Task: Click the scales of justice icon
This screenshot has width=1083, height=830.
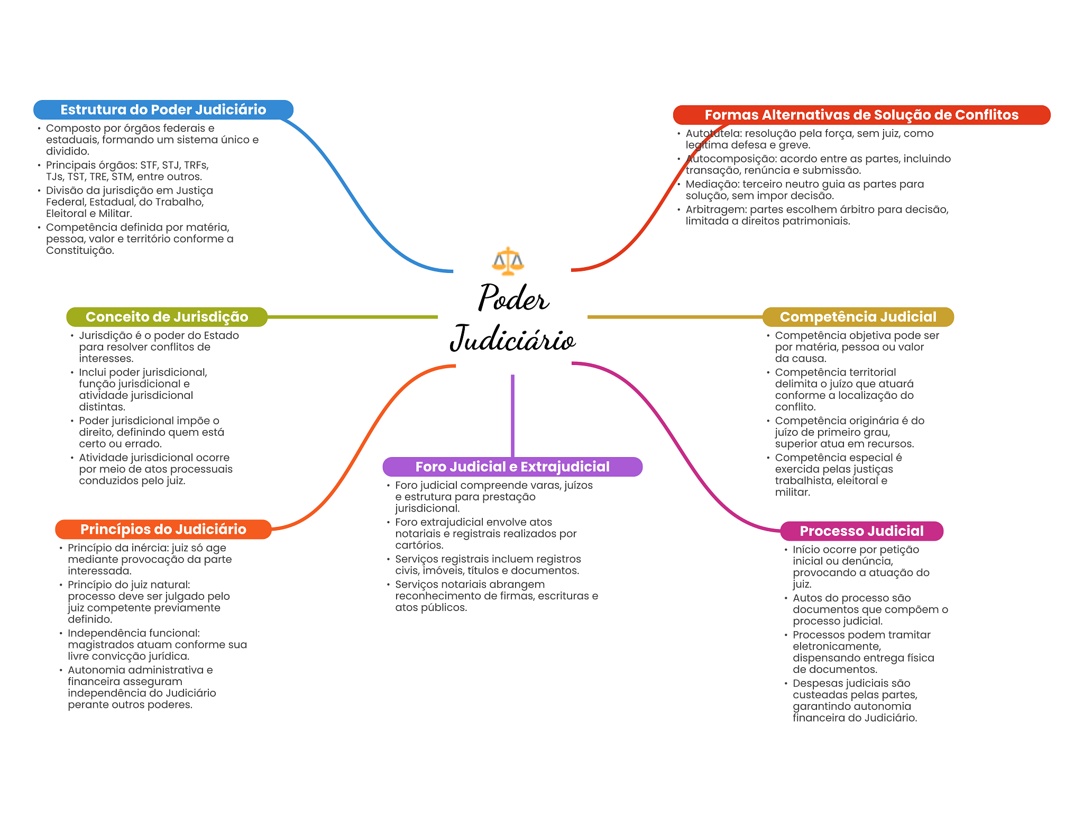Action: tap(508, 261)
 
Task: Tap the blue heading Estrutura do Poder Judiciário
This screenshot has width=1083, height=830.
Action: tap(163, 110)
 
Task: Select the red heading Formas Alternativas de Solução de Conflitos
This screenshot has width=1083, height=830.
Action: tap(861, 115)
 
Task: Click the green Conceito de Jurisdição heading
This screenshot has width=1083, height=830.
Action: tap(167, 317)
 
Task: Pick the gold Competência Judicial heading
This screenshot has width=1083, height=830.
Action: tap(858, 317)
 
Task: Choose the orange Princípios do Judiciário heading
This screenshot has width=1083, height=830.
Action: tap(163, 530)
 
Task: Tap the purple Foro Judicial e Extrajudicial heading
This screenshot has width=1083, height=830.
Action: tap(512, 467)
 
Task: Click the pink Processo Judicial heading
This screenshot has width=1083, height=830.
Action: tap(861, 531)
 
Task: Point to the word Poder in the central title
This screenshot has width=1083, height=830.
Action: tap(513, 298)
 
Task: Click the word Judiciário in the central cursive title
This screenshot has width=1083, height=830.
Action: tap(512, 339)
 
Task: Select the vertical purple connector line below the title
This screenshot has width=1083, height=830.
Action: tap(512, 416)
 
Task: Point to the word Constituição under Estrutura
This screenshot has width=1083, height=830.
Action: tap(80, 251)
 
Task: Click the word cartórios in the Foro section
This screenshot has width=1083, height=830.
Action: tap(419, 545)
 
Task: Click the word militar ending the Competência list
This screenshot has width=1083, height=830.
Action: tap(792, 492)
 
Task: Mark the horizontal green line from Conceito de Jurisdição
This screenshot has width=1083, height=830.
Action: tap(353, 317)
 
